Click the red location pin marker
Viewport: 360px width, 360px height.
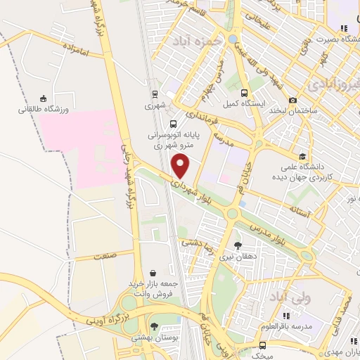click(x=181, y=165)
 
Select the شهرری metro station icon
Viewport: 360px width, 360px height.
click(x=153, y=93)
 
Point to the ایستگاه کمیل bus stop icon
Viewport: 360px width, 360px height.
click(x=243, y=93)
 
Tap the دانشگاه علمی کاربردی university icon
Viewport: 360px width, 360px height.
click(x=302, y=156)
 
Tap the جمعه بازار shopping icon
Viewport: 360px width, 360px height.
click(x=153, y=272)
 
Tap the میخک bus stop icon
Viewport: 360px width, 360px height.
click(x=262, y=345)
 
